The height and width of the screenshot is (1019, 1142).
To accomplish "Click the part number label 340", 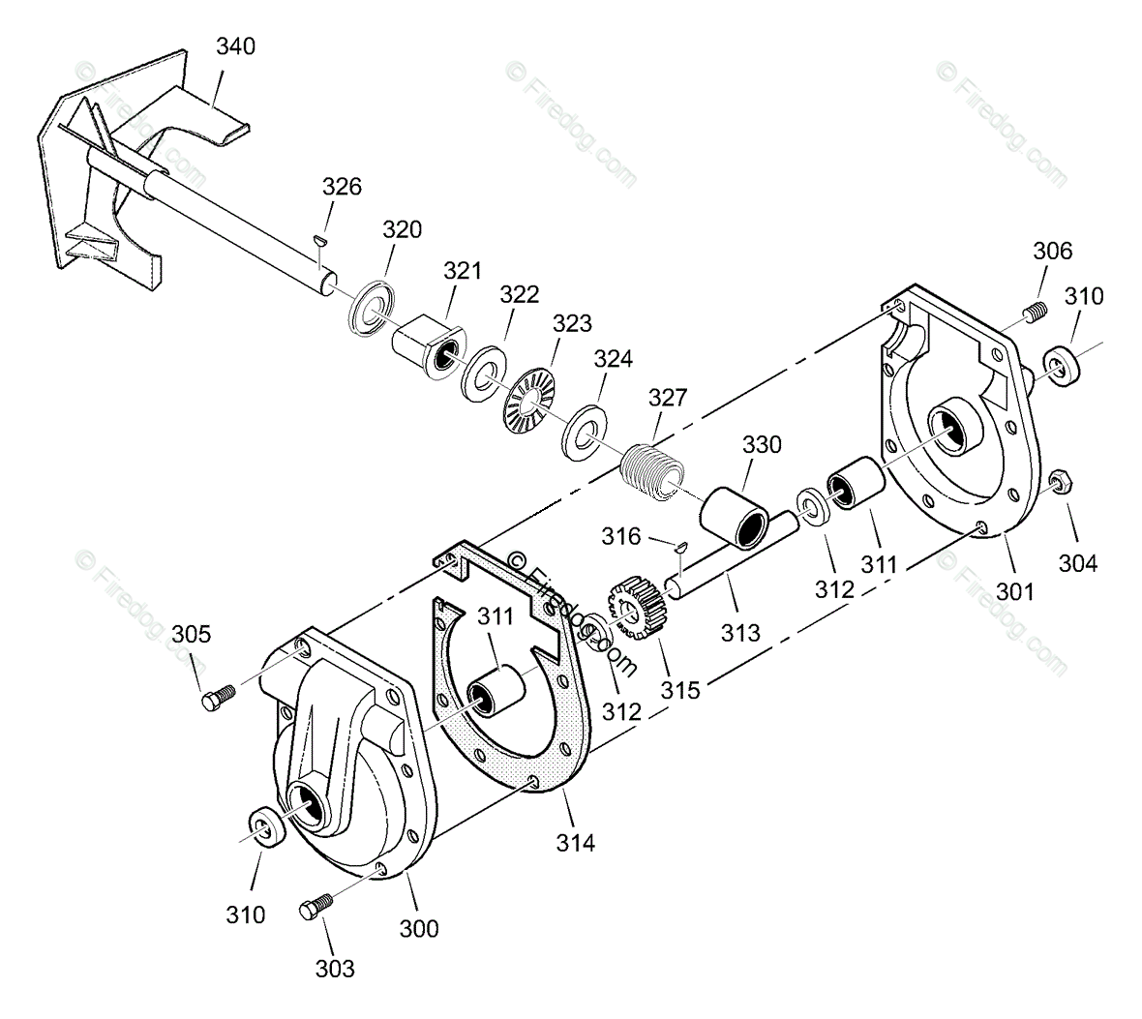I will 235,45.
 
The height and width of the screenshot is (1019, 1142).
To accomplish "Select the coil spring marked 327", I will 654,471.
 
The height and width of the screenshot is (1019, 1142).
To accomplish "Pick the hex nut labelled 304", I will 1058,481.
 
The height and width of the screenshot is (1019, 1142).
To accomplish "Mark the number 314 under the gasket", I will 575,842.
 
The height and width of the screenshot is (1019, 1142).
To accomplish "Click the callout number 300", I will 418,928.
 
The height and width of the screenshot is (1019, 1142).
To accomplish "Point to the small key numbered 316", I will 681,548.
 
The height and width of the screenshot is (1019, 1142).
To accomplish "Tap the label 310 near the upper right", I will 1083,296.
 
